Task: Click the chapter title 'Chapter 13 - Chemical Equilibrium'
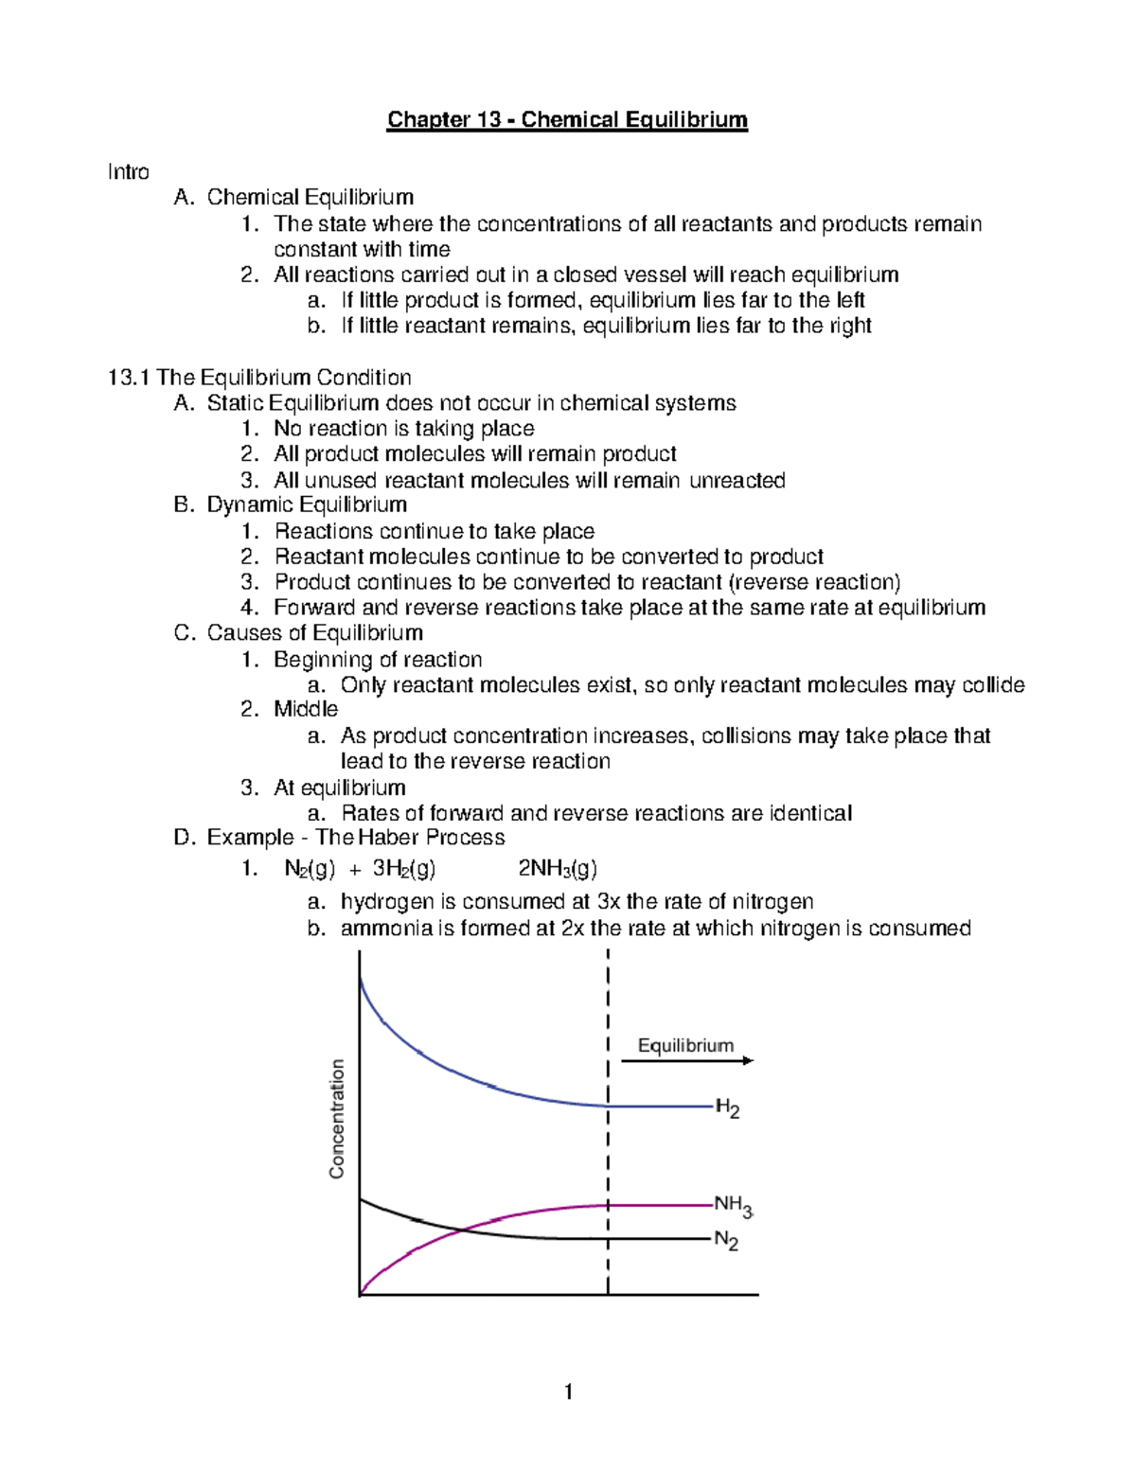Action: (x=567, y=120)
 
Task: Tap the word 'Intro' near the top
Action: (x=128, y=172)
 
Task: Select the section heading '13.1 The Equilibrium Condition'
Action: (x=259, y=378)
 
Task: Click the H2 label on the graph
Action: (x=727, y=1108)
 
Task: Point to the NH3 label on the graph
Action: (x=733, y=1206)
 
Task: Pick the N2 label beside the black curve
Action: (x=726, y=1240)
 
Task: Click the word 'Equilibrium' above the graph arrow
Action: (x=685, y=1045)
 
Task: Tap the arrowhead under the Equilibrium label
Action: (x=748, y=1061)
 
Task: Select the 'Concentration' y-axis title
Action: (x=337, y=1119)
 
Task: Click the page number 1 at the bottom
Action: (x=568, y=1391)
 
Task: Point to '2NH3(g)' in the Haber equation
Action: (x=558, y=869)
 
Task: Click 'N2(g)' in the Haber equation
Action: (x=310, y=869)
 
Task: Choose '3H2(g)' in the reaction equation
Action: (x=404, y=869)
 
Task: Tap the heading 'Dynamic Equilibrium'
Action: (x=307, y=505)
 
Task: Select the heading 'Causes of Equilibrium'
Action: (x=314, y=633)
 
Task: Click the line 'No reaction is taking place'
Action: (x=404, y=429)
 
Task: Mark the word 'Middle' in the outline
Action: (x=306, y=710)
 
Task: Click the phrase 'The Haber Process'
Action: (x=410, y=838)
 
